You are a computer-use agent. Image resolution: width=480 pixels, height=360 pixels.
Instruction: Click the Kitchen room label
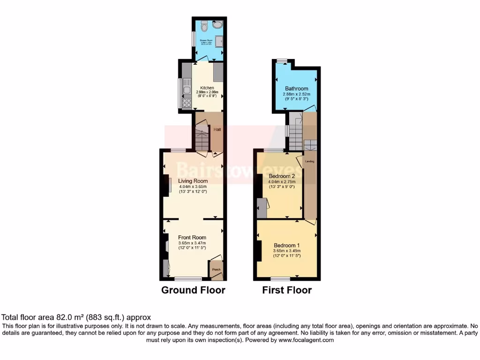point(207,88)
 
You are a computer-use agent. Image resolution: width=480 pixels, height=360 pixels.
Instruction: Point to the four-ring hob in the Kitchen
point(186,102)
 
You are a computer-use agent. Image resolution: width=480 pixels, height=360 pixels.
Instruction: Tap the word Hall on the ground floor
point(217,129)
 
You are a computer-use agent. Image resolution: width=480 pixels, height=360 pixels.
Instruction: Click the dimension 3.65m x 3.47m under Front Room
point(192,243)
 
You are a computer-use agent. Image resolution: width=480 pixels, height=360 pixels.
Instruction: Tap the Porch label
point(217,270)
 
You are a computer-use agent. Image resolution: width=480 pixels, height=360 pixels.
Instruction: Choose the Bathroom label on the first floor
point(297,89)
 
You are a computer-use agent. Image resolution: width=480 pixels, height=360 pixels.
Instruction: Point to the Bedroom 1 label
point(287,246)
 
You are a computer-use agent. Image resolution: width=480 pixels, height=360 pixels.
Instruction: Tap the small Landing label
point(309,161)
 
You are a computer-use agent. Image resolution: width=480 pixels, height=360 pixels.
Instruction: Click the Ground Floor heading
point(193,290)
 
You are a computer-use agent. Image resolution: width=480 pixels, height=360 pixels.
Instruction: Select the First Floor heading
point(287,290)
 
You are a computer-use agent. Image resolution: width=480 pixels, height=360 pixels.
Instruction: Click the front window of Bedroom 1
point(280,279)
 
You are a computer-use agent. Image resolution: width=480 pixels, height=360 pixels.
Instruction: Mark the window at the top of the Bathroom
point(282,60)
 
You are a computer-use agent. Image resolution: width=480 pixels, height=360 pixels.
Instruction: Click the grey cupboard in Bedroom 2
point(262,208)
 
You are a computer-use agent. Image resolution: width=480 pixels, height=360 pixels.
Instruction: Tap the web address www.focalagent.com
point(301,340)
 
